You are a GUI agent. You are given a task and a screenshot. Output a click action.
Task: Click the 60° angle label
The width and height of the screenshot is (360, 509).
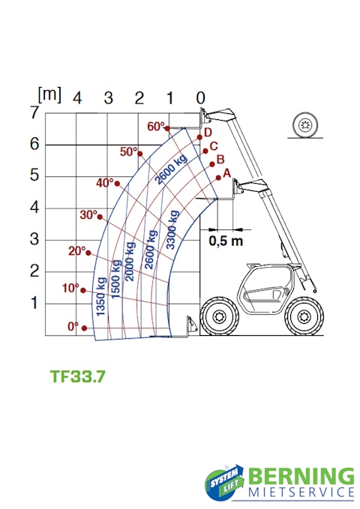click(x=156, y=126)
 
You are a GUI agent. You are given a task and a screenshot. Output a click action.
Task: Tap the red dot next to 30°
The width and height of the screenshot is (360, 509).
click(x=100, y=217)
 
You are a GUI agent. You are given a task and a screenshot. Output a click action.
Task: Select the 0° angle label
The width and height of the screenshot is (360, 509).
click(x=73, y=326)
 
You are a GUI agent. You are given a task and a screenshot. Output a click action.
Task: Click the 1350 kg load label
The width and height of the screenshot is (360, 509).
click(x=101, y=296)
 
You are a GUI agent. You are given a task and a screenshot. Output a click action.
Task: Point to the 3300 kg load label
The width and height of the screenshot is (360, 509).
click(x=172, y=229)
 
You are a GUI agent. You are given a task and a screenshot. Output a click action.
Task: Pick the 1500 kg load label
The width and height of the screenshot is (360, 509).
click(x=116, y=279)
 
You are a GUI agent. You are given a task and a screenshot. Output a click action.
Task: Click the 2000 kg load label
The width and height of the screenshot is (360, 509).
click(x=130, y=262)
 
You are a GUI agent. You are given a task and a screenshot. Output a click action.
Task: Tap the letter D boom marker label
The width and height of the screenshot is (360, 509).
click(x=208, y=133)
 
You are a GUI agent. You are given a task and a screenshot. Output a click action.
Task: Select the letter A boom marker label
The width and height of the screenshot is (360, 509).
click(x=226, y=173)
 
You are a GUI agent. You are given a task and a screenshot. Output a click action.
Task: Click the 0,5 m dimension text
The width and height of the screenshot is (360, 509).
click(x=226, y=241)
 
